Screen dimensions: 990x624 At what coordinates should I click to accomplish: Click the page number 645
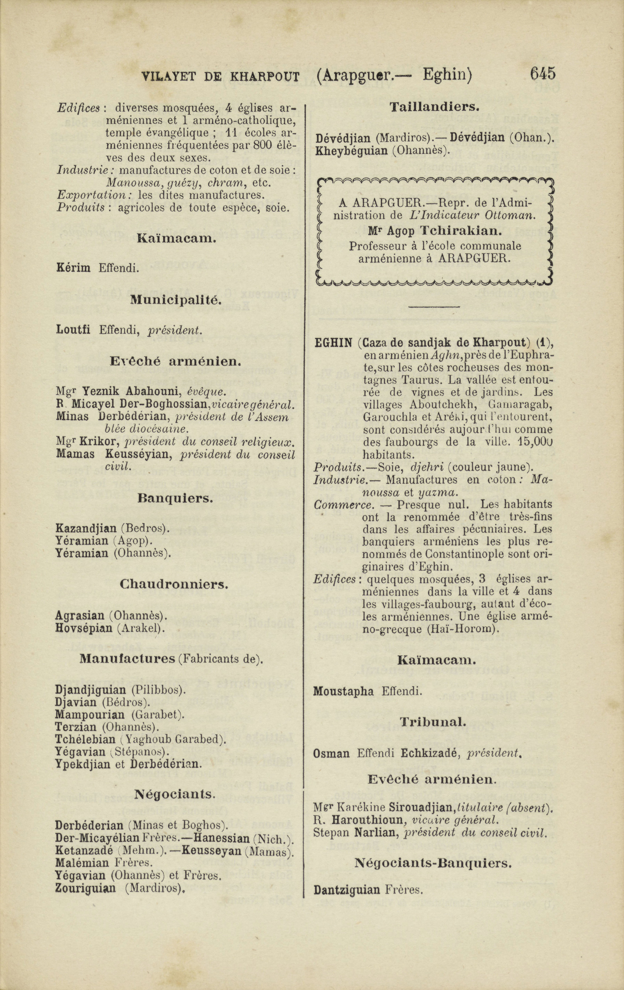[x=543, y=74]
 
